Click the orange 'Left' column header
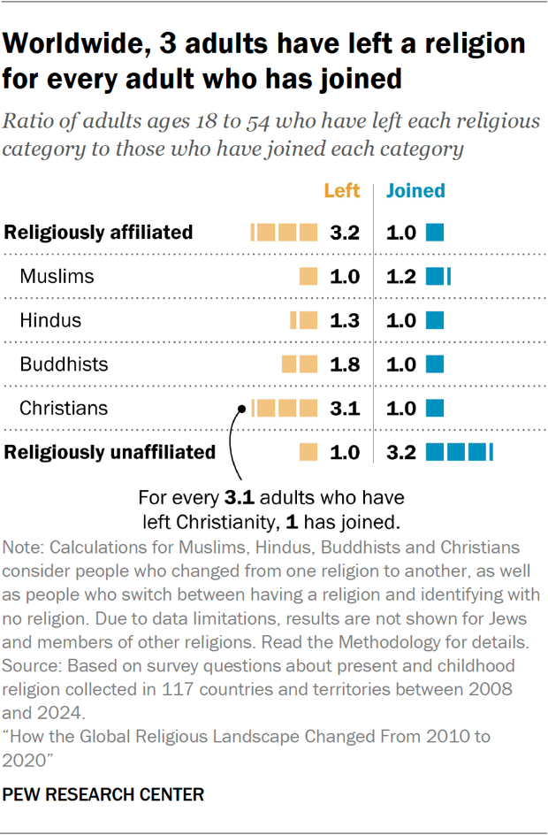[x=342, y=190]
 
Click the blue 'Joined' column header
[x=415, y=190]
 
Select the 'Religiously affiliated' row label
[x=98, y=233]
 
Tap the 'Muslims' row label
[x=57, y=277]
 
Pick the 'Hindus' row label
[x=50, y=320]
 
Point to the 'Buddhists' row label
[x=64, y=364]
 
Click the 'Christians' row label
[x=64, y=408]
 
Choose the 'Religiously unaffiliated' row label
[x=110, y=452]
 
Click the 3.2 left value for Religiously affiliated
[x=345, y=234]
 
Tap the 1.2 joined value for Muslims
[x=400, y=277]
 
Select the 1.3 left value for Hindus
[x=345, y=320]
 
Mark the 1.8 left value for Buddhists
[x=345, y=364]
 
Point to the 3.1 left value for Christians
[x=345, y=408]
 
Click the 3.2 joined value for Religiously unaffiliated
[x=400, y=452]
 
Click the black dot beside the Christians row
[x=240, y=409]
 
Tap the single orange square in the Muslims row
[x=308, y=277]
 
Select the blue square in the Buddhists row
[x=435, y=364]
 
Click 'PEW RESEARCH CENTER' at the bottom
[x=104, y=794]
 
